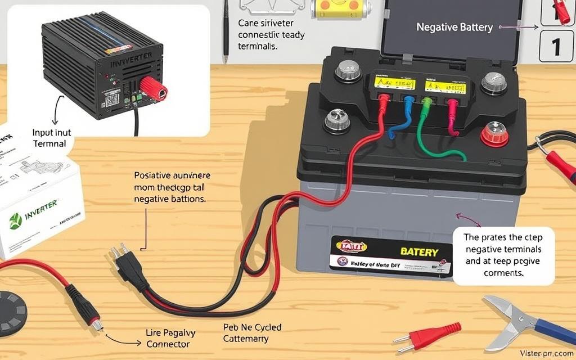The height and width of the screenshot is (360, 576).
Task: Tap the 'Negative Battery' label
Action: [x=454, y=27]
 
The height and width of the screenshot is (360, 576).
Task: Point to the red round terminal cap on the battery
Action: [x=495, y=134]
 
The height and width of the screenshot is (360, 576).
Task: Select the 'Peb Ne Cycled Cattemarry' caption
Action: [x=252, y=333]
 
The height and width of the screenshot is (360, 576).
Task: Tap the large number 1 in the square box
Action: [x=556, y=46]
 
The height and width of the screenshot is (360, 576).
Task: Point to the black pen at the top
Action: [x=225, y=31]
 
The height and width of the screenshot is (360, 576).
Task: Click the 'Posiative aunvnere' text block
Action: [x=170, y=187]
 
